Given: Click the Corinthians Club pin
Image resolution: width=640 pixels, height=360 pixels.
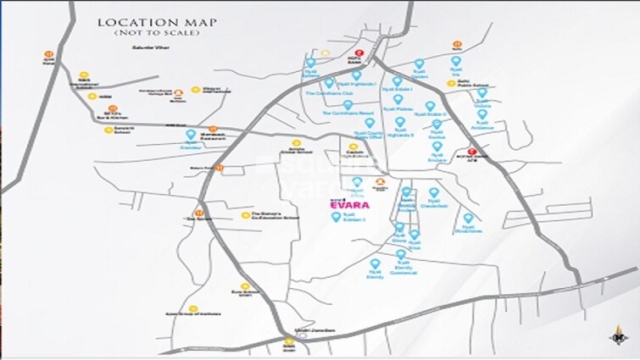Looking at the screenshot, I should point(329,83).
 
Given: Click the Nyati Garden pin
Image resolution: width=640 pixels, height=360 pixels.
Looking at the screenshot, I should point(418,64).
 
